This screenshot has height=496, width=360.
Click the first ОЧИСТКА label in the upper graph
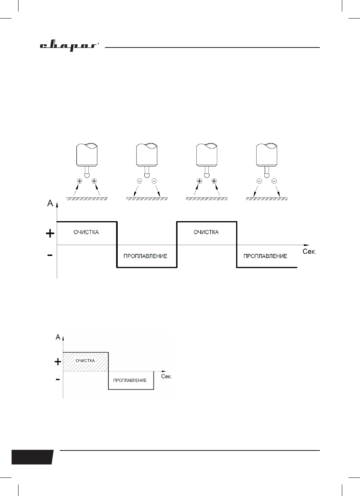click(86, 232)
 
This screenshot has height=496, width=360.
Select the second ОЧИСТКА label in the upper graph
click(206, 232)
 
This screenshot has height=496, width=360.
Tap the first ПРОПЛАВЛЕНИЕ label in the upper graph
click(145, 256)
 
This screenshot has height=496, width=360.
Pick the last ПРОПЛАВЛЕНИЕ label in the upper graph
click(265, 256)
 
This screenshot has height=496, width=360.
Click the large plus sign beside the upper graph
click(50, 234)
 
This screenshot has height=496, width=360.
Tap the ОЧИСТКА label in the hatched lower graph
click(85, 361)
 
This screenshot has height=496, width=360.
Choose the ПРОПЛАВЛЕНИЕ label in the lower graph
click(130, 380)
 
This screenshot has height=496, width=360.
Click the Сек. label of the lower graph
click(166, 376)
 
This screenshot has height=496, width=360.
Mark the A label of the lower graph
click(58, 337)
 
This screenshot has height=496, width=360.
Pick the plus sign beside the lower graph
click(58, 362)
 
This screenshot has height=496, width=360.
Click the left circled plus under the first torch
click(79, 181)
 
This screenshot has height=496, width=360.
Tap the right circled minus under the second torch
click(154, 181)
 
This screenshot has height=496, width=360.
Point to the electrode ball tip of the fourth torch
click(266, 175)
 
